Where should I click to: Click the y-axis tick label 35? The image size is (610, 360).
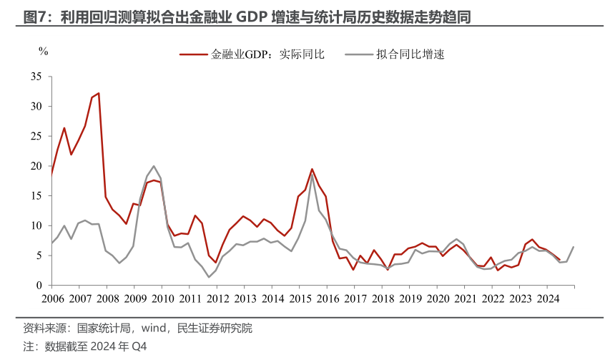coord(37,76)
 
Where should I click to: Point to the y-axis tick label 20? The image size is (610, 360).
coord(37,165)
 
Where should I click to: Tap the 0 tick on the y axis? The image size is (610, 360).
coord(40,286)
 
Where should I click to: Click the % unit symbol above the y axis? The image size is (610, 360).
coord(43,51)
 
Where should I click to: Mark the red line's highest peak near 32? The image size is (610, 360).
coord(99,93)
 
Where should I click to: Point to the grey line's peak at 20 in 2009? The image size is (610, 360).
coord(154,166)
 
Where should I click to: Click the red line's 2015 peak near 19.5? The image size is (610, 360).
coord(312,169)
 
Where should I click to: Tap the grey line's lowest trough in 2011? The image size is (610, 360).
coord(208,277)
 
